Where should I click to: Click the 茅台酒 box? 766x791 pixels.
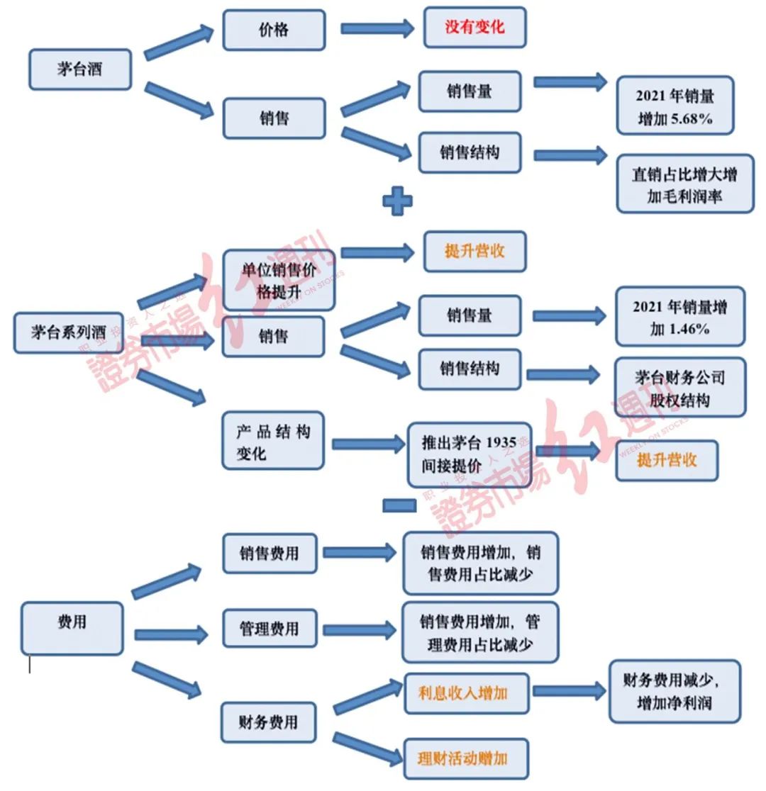[x=79, y=69]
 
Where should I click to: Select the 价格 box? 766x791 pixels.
[x=274, y=30]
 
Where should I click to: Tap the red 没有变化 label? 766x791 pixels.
[x=474, y=28]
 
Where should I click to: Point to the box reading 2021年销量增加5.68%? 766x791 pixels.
[x=674, y=106]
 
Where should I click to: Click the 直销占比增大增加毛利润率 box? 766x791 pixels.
[x=684, y=184]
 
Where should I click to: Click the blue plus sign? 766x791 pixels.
[x=397, y=201]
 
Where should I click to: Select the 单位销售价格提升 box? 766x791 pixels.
[x=278, y=280]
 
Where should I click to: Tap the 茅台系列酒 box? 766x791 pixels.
[x=69, y=332]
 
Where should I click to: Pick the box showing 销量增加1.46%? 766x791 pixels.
[x=679, y=317]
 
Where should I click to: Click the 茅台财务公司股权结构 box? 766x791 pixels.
[x=679, y=387]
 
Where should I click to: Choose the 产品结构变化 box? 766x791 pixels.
[x=273, y=441]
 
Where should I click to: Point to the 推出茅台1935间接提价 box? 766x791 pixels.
[x=469, y=454]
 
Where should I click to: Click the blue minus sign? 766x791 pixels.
[x=399, y=505]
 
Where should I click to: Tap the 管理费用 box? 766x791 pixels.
[x=270, y=628]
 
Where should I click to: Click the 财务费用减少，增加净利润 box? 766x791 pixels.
[x=674, y=692]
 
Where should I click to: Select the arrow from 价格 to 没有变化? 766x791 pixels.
[x=377, y=28]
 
